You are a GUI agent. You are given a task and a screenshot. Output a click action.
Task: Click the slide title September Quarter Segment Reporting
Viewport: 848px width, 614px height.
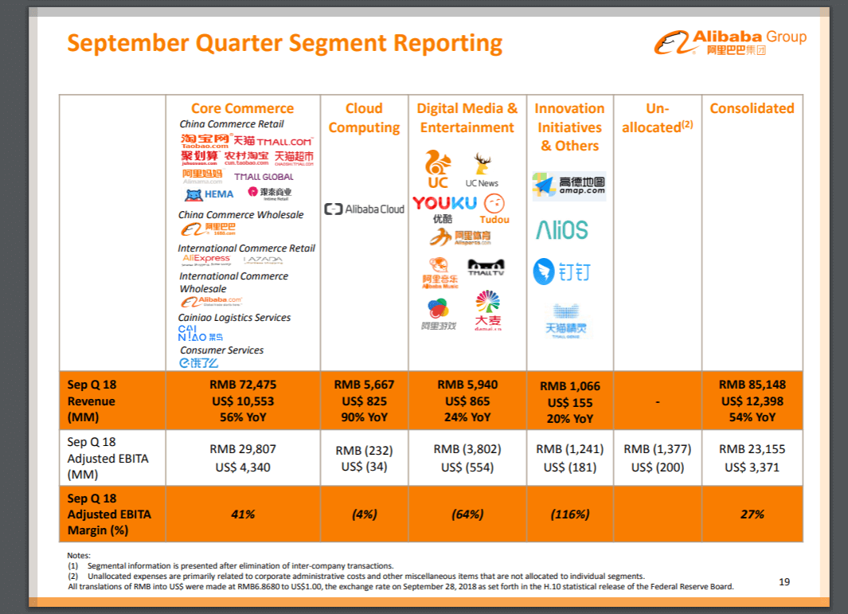(284, 43)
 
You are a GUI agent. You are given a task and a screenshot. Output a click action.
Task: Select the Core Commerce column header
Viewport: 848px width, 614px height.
(242, 108)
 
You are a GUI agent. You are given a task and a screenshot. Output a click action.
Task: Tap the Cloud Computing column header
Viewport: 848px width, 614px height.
(364, 118)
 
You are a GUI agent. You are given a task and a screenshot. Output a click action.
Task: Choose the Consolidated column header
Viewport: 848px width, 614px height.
(752, 108)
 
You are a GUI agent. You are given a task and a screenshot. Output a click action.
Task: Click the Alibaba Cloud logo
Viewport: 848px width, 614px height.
(364, 209)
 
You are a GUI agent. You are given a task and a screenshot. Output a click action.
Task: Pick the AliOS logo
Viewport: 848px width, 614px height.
(561, 231)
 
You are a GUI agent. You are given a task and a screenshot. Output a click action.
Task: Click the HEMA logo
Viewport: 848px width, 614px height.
(209, 194)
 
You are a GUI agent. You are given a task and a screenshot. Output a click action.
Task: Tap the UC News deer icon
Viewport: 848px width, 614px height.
(483, 165)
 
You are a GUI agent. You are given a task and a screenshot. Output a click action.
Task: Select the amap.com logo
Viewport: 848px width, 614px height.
(569, 186)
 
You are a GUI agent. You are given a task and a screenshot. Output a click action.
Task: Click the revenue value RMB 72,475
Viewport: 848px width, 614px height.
(243, 385)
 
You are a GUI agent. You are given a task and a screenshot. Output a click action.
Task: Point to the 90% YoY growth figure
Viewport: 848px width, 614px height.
(364, 417)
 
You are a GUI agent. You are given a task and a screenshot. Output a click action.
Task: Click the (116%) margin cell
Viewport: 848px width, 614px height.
(569, 514)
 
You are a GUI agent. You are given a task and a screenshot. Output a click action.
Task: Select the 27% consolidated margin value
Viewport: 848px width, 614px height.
(752, 514)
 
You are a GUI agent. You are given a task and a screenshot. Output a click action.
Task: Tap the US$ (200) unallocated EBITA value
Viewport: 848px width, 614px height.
(657, 467)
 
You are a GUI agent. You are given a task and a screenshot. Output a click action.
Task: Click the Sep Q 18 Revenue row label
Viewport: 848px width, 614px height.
(92, 401)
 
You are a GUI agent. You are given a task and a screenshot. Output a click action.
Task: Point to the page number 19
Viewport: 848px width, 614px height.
(784, 582)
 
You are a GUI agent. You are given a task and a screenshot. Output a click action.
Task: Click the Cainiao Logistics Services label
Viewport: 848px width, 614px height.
(234, 318)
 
